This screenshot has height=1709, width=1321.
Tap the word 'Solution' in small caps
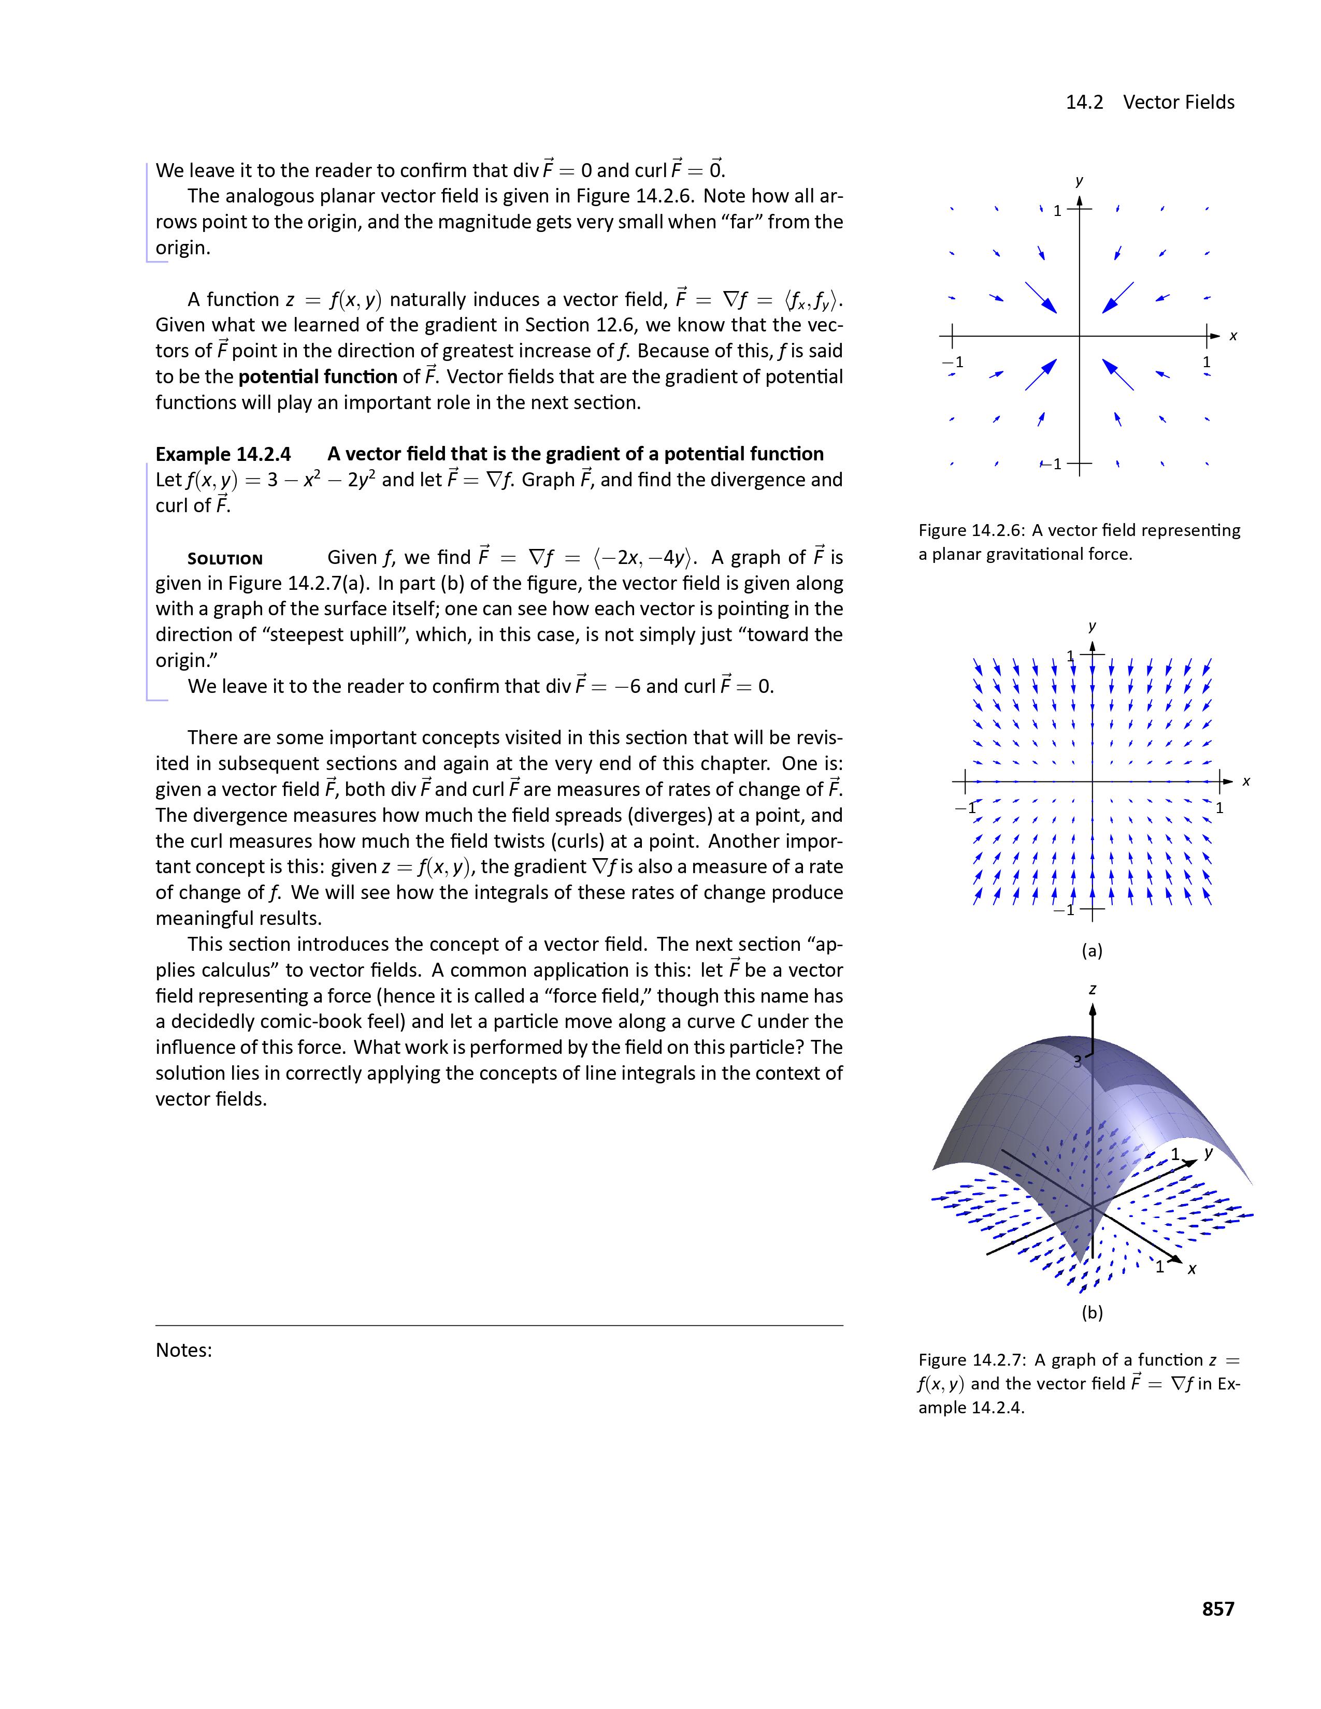pos(225,559)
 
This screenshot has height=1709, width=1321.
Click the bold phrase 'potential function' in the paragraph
pos(318,377)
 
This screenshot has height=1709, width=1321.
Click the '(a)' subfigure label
pos(1092,951)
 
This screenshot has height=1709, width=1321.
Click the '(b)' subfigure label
pos(1092,1312)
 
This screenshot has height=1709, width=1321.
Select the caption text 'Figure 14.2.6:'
pos(971,530)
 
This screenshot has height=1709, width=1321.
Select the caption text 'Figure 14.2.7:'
pos(971,1360)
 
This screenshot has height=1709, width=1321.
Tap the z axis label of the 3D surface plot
pos(1093,990)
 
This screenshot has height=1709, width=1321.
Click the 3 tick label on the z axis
pos(1078,1062)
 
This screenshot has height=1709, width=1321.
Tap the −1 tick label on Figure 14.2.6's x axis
pos(952,363)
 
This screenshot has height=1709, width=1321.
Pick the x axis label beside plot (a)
pos(1246,781)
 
